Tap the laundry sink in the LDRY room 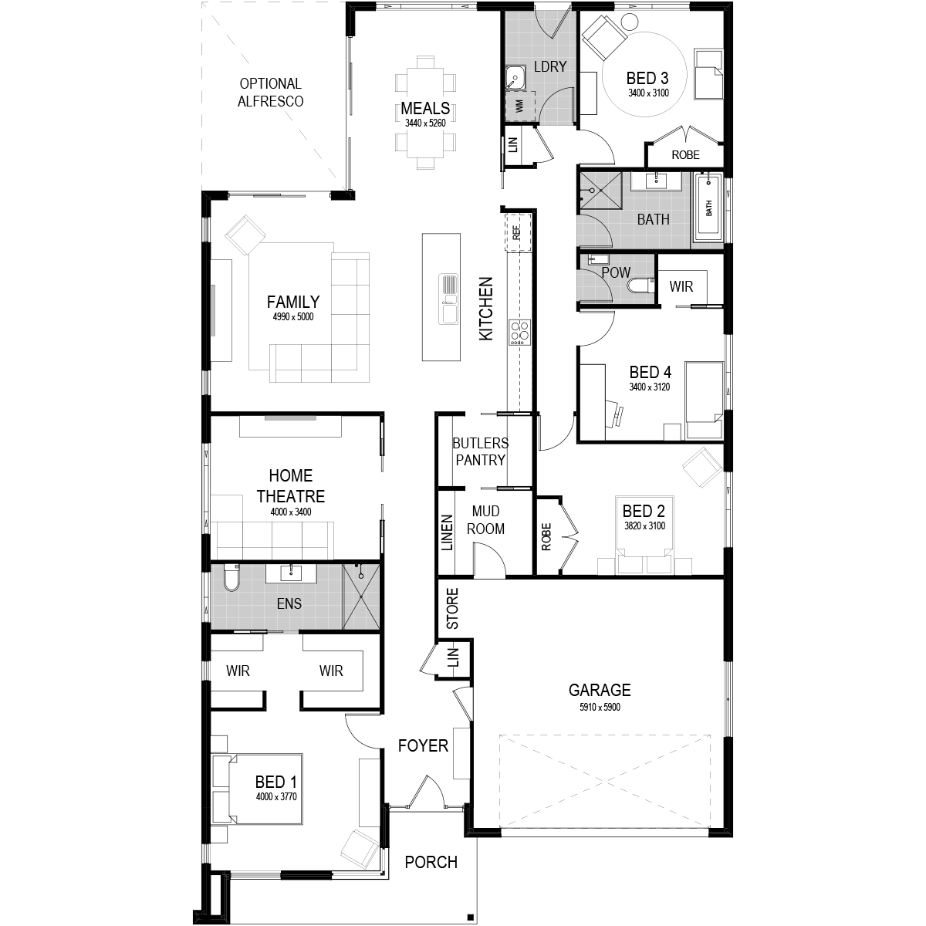(x=515, y=79)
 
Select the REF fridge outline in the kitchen (x=518, y=232)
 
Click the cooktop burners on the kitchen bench (x=520, y=333)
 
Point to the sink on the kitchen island (x=448, y=299)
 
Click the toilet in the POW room (x=640, y=286)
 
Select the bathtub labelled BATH (x=709, y=208)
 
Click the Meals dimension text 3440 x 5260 (x=425, y=123)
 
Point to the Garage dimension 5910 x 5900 (x=600, y=708)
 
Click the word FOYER (x=423, y=745)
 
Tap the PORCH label (x=431, y=863)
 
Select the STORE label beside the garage (x=453, y=608)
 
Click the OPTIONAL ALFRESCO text (x=271, y=93)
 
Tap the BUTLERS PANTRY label (x=481, y=451)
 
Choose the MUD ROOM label (x=486, y=520)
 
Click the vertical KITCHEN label (x=486, y=309)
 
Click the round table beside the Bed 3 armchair (x=629, y=22)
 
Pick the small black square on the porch (x=471, y=917)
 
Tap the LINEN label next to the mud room (x=448, y=532)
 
